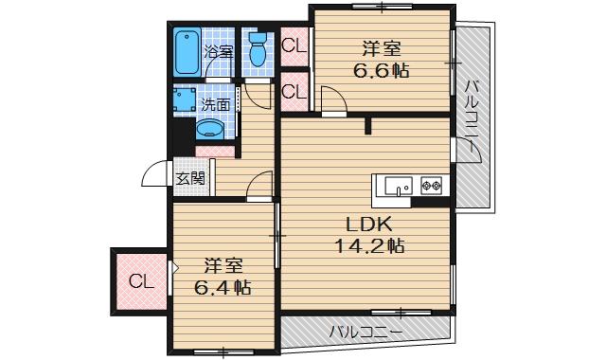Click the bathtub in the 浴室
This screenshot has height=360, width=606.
187,52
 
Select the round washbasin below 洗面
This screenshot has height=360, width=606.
210,130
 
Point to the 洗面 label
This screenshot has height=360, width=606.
213,102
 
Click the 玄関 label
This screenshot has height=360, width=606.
189,176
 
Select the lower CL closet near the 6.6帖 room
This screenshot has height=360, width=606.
294,92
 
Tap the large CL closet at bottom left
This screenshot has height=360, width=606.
140,281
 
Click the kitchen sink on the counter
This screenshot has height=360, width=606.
397,186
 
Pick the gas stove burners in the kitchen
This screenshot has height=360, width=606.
432,186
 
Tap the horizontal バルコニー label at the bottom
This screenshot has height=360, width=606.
366,332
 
